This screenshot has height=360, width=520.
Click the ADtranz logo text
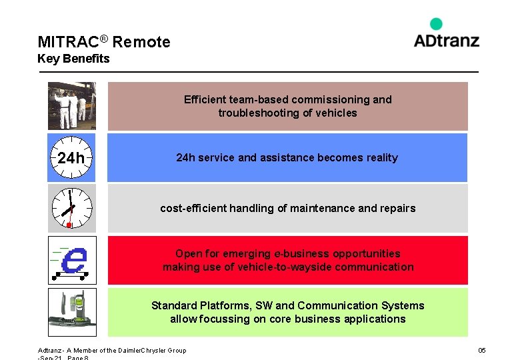tap(446, 40)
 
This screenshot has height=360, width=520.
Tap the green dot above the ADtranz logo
tap(436, 24)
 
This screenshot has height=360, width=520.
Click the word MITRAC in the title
tap(67, 42)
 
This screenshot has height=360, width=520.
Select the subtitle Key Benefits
tap(73, 59)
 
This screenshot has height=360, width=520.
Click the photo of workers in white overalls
tap(72, 106)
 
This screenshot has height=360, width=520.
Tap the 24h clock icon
tap(71, 158)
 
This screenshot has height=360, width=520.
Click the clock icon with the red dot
tap(71, 208)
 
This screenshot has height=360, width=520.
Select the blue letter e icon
tap(72, 260)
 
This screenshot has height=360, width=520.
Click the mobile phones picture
tap(72, 311)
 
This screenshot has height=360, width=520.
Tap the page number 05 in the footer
tap(481, 351)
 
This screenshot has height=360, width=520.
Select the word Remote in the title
tap(141, 42)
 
